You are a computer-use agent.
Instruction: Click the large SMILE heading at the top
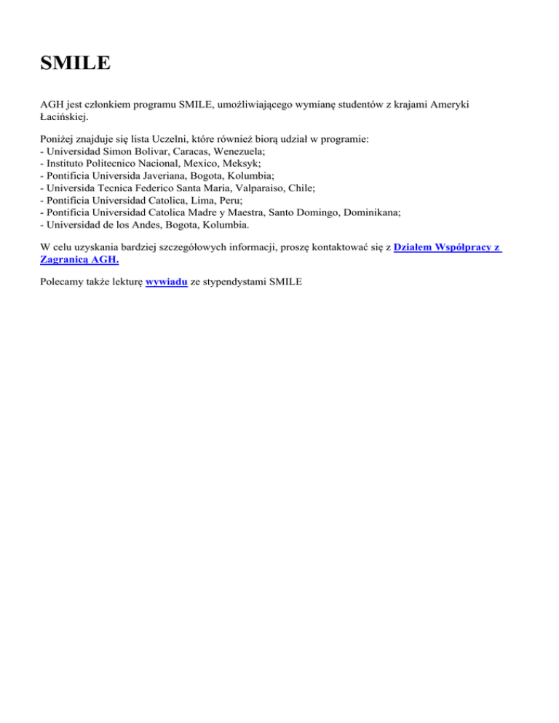point(76,63)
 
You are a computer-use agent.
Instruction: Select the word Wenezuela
point(227,149)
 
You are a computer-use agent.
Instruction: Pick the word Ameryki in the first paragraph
point(448,105)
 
